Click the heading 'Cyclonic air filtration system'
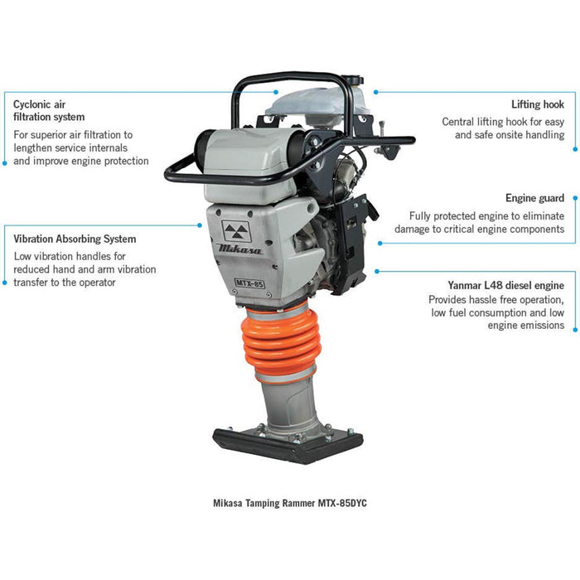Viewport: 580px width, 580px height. pyautogui.click(x=49, y=110)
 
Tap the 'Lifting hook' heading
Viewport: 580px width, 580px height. pyautogui.click(x=538, y=104)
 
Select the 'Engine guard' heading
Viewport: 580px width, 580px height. pyautogui.click(x=534, y=198)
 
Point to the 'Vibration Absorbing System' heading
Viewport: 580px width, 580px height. pyautogui.click(x=75, y=239)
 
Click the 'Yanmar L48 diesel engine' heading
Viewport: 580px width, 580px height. pyautogui.click(x=505, y=285)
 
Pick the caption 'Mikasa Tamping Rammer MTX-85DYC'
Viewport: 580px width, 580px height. pyautogui.click(x=290, y=503)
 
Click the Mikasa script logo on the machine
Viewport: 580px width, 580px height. pyautogui.click(x=240, y=249)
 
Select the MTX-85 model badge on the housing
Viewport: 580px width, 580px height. pyautogui.click(x=249, y=283)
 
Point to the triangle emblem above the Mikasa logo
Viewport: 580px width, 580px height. pyautogui.click(x=236, y=231)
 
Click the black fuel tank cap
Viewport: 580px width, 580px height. pyautogui.click(x=352, y=80)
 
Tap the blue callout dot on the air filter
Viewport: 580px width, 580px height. pyautogui.click(x=276, y=92)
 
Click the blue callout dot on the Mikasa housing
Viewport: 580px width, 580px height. pyautogui.click(x=200, y=225)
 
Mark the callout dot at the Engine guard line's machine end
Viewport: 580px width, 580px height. pyautogui.click(x=379, y=244)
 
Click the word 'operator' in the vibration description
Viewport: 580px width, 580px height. pyautogui.click(x=98, y=283)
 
